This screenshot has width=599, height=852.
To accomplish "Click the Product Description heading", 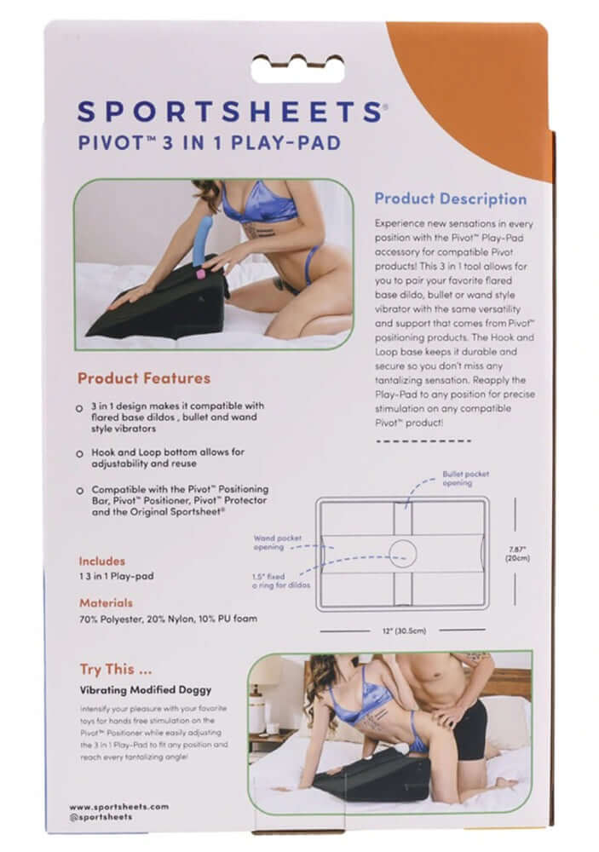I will click(451, 199).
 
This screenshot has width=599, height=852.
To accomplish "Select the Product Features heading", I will click(144, 377).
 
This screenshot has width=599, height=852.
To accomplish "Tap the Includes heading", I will click(102, 561).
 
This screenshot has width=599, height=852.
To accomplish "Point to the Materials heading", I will click(106, 602).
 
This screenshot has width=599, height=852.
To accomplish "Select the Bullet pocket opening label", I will click(465, 478).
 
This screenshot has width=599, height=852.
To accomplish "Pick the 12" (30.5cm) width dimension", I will click(405, 630).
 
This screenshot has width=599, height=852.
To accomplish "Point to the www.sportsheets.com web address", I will click(118, 806).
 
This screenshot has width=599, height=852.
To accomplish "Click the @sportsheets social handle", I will click(102, 817).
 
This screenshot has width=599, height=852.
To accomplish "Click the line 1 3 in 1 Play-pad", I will click(118, 576).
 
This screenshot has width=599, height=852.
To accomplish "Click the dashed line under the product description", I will click(412, 440).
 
